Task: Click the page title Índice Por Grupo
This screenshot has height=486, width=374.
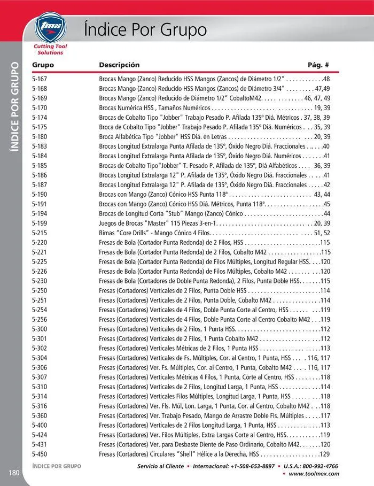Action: tap(145, 29)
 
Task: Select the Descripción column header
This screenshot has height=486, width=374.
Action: tap(119, 65)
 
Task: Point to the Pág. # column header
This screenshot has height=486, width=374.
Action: tap(318, 65)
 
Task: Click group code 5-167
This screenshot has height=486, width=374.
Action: tap(40, 79)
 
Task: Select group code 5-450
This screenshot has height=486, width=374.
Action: tap(40, 454)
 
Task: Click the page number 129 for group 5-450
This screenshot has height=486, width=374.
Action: tap(324, 454)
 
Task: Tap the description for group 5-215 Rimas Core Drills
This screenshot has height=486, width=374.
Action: tap(155, 233)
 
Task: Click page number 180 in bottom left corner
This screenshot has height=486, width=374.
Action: tap(14, 473)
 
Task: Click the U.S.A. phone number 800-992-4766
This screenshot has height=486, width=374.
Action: tap(318, 466)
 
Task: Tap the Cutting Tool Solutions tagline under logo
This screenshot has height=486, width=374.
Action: tap(50, 50)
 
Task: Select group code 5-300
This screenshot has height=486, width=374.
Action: tap(40, 329)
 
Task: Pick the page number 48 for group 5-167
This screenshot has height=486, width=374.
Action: tap(326, 79)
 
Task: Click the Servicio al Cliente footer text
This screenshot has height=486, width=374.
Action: tap(160, 466)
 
